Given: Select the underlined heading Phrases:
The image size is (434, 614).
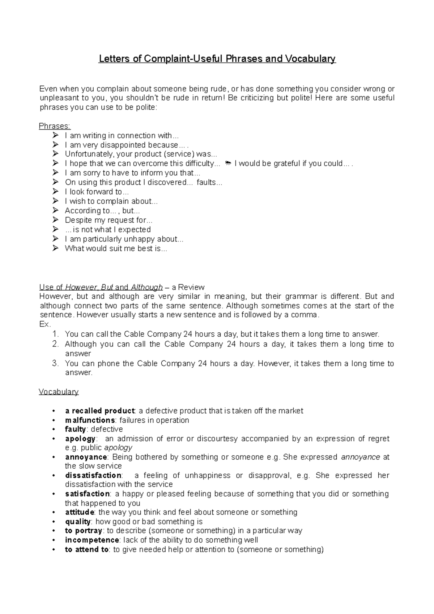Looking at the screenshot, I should tap(55, 126).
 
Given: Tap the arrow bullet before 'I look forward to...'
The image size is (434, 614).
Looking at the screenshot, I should tap(55, 192).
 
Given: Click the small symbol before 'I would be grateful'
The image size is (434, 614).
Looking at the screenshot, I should tap(228, 163).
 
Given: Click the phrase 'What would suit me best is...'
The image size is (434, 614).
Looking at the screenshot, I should tap(116, 248).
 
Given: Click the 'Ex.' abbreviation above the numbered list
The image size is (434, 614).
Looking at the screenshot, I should tap(44, 324).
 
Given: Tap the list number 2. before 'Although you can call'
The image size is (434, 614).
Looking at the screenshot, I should tap(55, 344).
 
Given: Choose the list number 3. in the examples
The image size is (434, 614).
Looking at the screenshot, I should tap(55, 363).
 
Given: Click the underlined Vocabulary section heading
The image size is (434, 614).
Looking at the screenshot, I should tap(59, 392).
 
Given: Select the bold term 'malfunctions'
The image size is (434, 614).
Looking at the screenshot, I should tap(90, 420).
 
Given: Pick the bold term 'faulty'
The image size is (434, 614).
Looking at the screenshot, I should tap(75, 429).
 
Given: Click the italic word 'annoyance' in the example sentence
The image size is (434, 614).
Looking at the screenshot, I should tap(360, 457).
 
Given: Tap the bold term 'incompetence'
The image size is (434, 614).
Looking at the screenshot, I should tap(92, 540).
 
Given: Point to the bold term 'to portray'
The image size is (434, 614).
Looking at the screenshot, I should tap(83, 531).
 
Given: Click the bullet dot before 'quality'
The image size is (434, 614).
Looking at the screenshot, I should tap(54, 522).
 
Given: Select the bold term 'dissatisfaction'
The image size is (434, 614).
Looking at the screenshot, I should tap(93, 476).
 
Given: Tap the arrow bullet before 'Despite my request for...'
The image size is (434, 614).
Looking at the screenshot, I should tap(55, 220).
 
